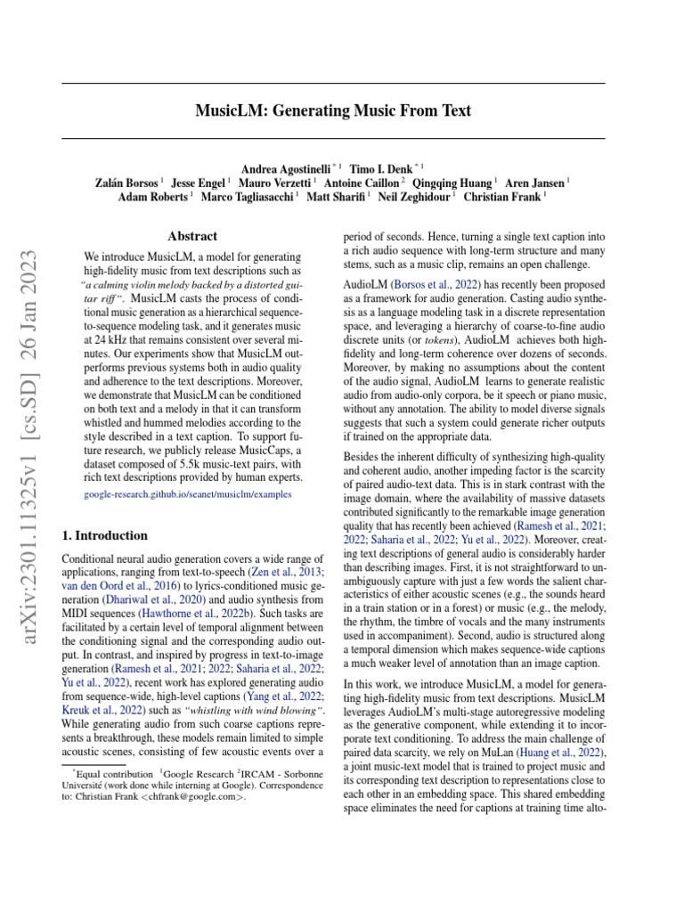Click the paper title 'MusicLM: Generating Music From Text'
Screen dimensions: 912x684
(x=333, y=111)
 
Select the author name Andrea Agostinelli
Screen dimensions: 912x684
(x=285, y=167)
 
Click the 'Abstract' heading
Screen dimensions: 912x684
(x=191, y=236)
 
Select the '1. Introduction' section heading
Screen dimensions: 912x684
(x=103, y=535)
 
